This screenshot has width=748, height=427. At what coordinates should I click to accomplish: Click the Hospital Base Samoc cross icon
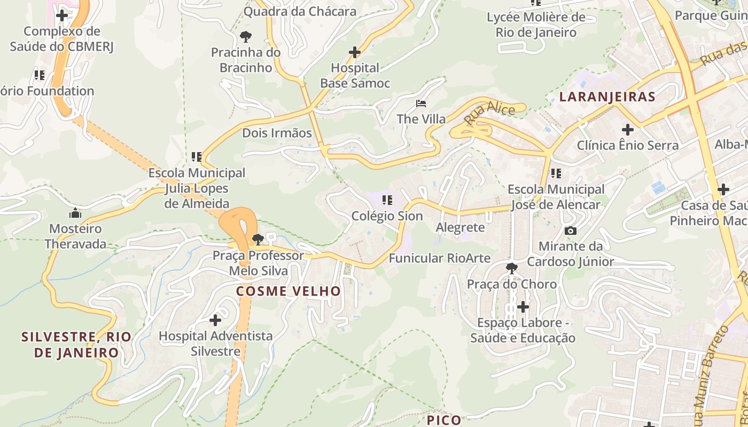354,52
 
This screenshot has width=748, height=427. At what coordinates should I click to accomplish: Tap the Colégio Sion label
387,216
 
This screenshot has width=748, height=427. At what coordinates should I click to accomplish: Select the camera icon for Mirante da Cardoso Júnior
571,231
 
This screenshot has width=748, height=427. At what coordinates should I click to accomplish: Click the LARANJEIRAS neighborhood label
607,97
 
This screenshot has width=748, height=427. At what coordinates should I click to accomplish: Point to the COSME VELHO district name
289,291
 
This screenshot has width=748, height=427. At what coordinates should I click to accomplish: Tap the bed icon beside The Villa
421,103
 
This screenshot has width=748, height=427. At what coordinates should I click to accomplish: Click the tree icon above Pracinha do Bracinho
246,37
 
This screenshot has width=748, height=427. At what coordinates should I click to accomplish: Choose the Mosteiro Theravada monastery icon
75,213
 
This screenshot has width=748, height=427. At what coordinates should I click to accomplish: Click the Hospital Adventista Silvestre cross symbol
215,320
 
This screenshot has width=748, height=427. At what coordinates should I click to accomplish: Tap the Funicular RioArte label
439,258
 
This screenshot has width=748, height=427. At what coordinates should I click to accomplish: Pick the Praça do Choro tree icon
512,268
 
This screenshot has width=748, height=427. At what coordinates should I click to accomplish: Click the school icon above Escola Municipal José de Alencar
556,173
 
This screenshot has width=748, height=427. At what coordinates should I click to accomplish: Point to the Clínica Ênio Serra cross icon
628,130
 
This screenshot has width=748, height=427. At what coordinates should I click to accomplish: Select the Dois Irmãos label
277,133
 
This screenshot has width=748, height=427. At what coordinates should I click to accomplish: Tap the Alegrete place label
460,227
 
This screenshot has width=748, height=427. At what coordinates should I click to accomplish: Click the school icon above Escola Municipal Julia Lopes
197,157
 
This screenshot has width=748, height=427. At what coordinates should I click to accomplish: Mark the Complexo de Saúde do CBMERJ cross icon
62,15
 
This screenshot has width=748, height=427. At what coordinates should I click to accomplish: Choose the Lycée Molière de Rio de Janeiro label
536,25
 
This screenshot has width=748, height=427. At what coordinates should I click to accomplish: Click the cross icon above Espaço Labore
523,307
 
